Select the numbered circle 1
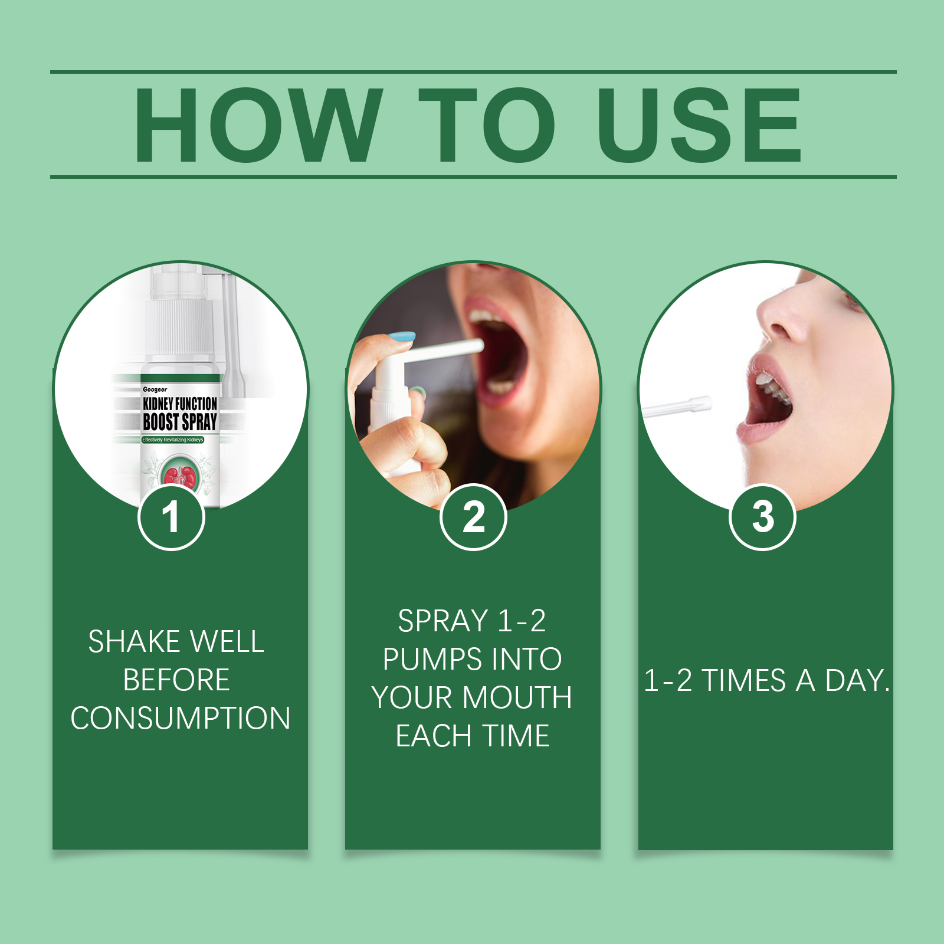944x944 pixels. pyautogui.click(x=171, y=517)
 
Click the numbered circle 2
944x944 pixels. pyautogui.click(x=473, y=517)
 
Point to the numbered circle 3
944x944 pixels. pyautogui.click(x=763, y=517)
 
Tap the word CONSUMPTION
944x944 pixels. pyautogui.click(x=181, y=718)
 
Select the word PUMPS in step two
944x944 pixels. pyautogui.click(x=426, y=659)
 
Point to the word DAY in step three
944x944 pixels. pyautogui.click(x=857, y=680)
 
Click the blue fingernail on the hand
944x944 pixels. pyautogui.click(x=401, y=338)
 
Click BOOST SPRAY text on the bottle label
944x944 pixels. pyautogui.click(x=180, y=422)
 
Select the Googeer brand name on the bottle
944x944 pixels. pyautogui.click(x=155, y=389)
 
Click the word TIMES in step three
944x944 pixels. pyautogui.click(x=743, y=680)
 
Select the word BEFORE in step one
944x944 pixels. pyautogui.click(x=176, y=680)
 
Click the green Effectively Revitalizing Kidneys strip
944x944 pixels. pyautogui.click(x=172, y=440)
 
